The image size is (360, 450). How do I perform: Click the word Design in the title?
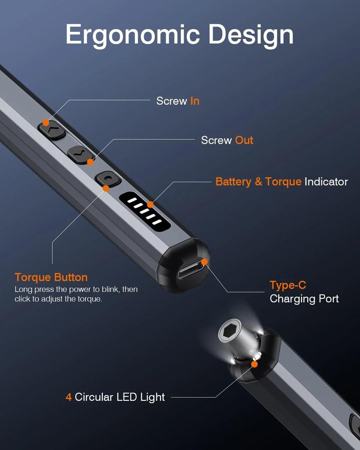click(251, 34)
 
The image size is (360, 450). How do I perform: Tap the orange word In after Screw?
click(195, 101)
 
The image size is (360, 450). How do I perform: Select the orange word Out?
click(244, 140)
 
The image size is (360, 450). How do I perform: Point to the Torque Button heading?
click(51, 277)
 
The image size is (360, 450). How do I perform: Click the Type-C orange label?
click(287, 285)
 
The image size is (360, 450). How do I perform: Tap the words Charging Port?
click(304, 299)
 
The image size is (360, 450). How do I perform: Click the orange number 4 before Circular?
click(69, 397)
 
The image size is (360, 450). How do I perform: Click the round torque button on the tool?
click(108, 179)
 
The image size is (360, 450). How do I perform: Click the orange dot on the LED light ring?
click(254, 364)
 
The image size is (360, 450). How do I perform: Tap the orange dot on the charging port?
click(204, 261)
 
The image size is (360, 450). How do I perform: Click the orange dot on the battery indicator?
click(150, 204)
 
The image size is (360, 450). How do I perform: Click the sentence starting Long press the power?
click(76, 294)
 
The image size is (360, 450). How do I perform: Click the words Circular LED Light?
click(120, 397)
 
